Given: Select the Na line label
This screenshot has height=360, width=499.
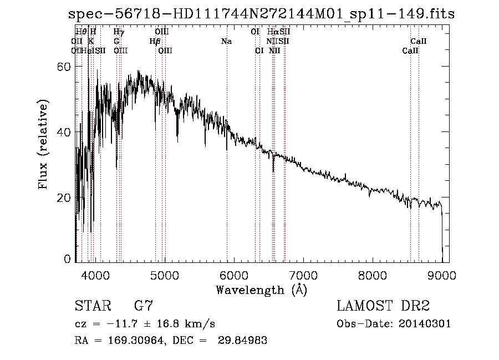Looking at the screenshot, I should click(x=226, y=41).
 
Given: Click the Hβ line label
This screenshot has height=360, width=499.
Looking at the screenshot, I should click(x=155, y=41).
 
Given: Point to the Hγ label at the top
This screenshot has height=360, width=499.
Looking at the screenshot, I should click(x=119, y=32).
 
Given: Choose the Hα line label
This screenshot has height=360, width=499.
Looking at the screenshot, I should click(x=272, y=32).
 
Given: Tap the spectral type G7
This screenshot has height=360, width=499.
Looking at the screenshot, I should click(x=144, y=306).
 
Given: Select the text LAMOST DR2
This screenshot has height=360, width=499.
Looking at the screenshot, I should click(x=383, y=306).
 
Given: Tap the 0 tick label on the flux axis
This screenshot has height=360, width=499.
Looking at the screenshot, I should click(x=68, y=259).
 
